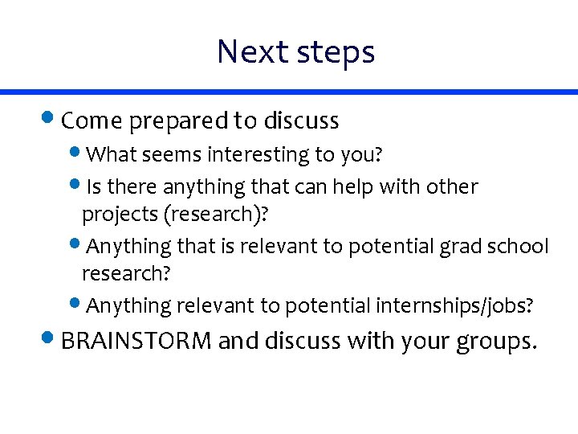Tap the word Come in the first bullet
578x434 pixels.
tap(92, 121)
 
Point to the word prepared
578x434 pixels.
tap(178, 121)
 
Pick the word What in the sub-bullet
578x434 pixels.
tap(110, 154)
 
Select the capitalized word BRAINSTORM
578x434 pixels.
tap(136, 342)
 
